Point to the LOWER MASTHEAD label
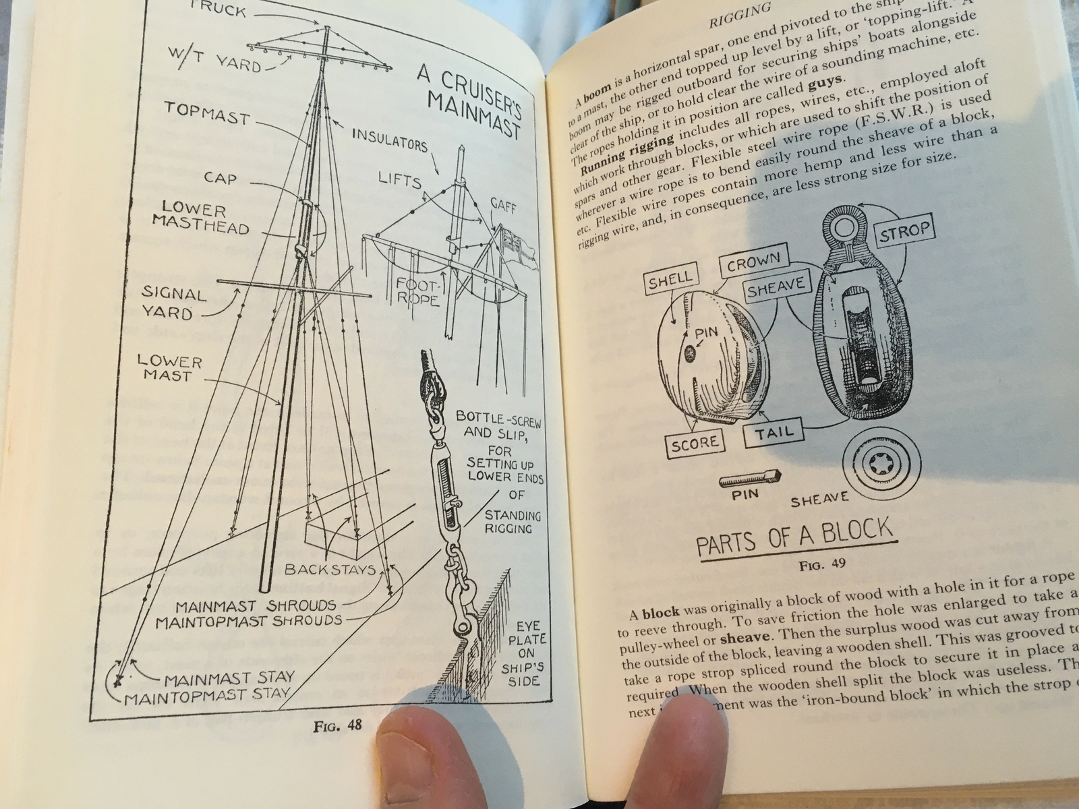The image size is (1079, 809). [200, 220]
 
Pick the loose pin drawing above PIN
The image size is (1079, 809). [749, 479]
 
